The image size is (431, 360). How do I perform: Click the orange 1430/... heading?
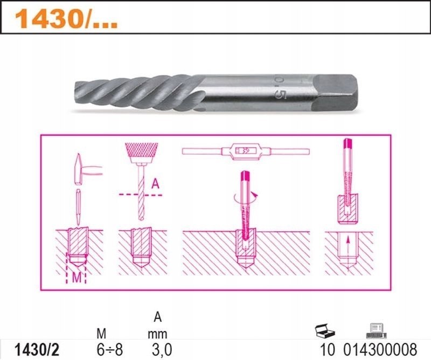(x=66, y=19)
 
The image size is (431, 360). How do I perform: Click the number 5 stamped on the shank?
(x=281, y=95)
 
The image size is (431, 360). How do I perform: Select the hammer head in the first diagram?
(x=78, y=169)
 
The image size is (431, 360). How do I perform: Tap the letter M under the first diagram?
(x=77, y=278)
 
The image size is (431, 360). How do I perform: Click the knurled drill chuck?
(x=141, y=153)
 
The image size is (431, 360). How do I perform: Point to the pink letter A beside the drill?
(x=155, y=184)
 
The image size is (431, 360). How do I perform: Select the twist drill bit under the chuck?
(x=141, y=192)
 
